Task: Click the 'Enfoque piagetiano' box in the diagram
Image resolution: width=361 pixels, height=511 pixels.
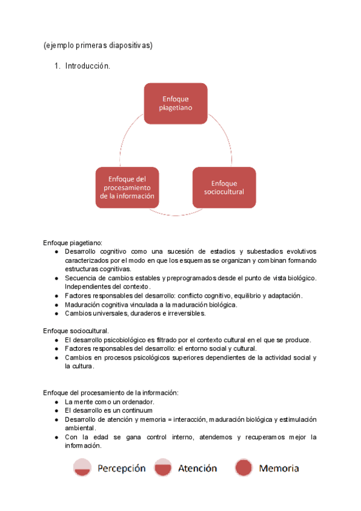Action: [x=176, y=103]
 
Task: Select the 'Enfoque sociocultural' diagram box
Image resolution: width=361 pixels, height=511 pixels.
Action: [x=224, y=187]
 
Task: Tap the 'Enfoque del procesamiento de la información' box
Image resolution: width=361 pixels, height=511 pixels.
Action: [x=127, y=187]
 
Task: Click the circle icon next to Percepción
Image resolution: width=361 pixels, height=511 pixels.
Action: [x=82, y=468]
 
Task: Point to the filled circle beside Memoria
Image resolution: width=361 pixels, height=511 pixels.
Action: [x=243, y=468]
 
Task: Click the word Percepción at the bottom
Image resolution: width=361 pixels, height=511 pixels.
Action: [x=122, y=468]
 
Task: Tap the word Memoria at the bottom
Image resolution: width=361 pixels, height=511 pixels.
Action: [x=279, y=468]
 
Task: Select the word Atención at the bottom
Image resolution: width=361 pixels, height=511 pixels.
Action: [x=197, y=468]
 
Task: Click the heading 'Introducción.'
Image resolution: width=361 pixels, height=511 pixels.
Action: [x=88, y=66]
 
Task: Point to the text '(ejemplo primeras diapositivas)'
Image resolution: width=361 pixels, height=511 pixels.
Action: [x=98, y=45]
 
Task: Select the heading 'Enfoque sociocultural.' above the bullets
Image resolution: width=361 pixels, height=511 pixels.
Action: [x=76, y=331]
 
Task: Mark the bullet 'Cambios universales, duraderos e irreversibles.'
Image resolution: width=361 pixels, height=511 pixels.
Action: [x=135, y=313]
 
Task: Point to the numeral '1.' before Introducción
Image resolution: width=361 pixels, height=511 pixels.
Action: [x=58, y=66]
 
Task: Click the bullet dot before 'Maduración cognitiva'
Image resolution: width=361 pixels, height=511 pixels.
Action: [x=56, y=305]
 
